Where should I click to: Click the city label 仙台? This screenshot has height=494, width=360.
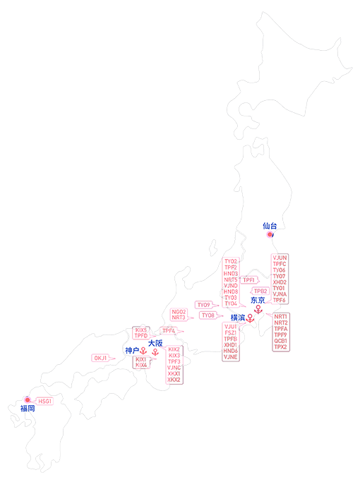270,226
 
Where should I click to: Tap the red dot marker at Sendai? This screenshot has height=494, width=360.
270,234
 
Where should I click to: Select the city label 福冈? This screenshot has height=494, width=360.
28,409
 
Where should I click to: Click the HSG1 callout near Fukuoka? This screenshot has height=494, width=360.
45,401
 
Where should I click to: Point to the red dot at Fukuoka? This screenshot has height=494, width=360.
28,400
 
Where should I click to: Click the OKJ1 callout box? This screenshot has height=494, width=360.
101,359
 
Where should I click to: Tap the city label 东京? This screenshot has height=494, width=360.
258,300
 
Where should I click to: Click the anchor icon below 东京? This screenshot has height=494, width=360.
258,309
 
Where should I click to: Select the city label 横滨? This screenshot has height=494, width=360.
238,318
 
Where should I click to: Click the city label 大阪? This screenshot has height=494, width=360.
155,343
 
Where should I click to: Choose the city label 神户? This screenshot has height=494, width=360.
132,350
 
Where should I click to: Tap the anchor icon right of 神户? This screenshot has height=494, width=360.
143,351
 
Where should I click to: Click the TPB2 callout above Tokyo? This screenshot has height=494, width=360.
260,291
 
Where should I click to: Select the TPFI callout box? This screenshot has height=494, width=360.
248,280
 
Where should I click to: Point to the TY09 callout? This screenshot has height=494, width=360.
204,305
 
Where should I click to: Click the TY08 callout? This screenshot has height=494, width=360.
208,315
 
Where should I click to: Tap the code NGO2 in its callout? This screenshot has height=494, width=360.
179,311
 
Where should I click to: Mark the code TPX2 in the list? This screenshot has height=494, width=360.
281,347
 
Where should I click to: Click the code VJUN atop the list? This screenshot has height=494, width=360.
280,258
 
